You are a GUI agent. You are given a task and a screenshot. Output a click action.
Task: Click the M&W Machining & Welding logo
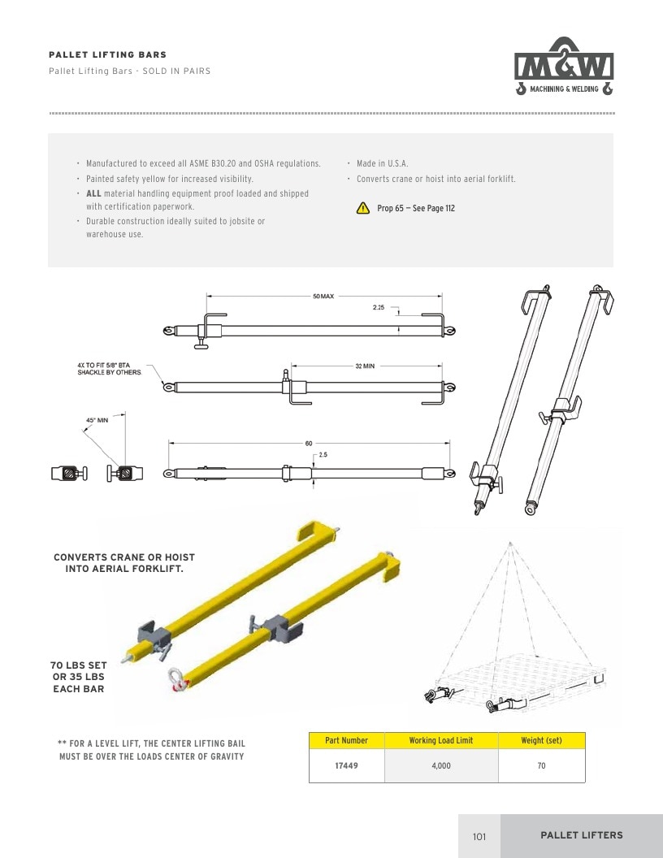click(x=564, y=66)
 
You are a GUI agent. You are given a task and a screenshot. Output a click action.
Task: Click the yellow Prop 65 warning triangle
click(x=362, y=208)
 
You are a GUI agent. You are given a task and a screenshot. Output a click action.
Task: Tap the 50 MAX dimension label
click(x=323, y=296)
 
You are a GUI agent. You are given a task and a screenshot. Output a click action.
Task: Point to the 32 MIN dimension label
click(x=365, y=366)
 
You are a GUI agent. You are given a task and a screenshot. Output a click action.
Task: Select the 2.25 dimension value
click(x=379, y=307)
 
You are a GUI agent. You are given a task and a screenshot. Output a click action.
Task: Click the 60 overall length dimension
click(x=309, y=444)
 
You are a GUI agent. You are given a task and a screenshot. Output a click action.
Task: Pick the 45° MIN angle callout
click(x=97, y=420)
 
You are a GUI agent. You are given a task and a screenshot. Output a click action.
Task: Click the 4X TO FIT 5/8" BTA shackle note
click(x=110, y=369)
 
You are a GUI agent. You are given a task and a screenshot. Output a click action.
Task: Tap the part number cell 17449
click(x=346, y=765)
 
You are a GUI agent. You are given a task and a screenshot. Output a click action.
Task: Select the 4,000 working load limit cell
click(x=441, y=765)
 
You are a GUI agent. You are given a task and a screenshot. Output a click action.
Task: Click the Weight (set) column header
click(x=542, y=740)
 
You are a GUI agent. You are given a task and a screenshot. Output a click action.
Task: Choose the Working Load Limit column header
click(x=441, y=740)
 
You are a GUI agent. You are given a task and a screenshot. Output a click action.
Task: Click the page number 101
click(x=479, y=836)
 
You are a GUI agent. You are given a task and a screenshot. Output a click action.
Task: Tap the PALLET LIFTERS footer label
click(x=582, y=835)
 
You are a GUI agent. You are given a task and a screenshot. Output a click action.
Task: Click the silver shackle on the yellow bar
click(x=176, y=679)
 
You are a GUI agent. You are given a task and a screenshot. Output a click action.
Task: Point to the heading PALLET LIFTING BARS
click(x=108, y=54)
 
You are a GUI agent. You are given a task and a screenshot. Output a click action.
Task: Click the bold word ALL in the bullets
click(x=93, y=193)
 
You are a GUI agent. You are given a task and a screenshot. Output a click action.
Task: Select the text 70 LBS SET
click(x=79, y=665)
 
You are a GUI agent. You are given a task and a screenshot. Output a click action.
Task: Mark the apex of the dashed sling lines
click(x=509, y=543)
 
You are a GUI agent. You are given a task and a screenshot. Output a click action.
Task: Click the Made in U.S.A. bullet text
click(x=383, y=163)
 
